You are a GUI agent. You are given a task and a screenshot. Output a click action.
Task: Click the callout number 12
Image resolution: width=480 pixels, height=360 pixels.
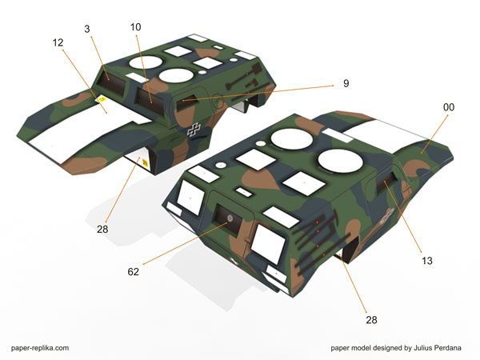pos(58,42)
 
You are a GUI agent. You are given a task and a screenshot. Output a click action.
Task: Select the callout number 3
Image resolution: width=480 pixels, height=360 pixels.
pos(87,29)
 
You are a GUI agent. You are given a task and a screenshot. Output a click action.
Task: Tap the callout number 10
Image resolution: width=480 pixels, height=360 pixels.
pos(136,27)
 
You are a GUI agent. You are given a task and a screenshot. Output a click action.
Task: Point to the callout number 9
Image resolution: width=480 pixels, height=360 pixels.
pos(346,83)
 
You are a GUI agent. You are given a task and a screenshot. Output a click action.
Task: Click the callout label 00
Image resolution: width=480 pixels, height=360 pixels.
pos(449,107)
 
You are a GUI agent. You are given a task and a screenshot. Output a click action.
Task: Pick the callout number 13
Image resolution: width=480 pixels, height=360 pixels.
pos(427,261)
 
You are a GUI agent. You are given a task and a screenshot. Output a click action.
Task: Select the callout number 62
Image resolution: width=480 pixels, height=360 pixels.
pos(133,271)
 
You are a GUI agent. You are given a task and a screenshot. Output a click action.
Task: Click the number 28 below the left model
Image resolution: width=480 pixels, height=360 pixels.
pos(102,229)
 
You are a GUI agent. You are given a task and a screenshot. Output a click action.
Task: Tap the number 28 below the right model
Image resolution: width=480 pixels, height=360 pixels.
pos(371,320)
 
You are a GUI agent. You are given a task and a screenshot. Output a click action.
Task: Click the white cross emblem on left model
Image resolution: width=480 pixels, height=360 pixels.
pos(194,130)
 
